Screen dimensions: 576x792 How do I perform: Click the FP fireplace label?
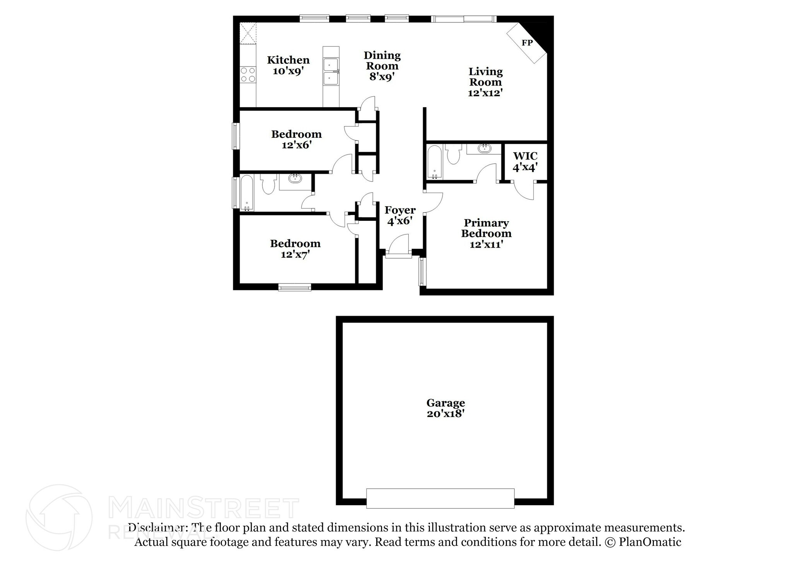point(527,43)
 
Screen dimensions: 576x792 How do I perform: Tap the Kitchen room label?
point(288,60)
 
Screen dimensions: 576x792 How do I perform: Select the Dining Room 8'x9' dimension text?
point(382,77)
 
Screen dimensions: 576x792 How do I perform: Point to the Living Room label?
point(485,77)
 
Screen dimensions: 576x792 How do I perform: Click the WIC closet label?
point(525,156)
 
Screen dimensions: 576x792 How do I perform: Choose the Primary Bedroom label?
point(486,228)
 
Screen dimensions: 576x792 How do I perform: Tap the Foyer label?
point(400,210)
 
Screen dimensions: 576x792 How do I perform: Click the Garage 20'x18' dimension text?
point(445,414)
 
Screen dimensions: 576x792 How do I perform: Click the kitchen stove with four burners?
point(248,75)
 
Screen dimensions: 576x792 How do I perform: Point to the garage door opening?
point(440,498)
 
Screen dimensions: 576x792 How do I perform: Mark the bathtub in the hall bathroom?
point(247,193)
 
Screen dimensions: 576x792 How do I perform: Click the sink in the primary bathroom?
point(483,148)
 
